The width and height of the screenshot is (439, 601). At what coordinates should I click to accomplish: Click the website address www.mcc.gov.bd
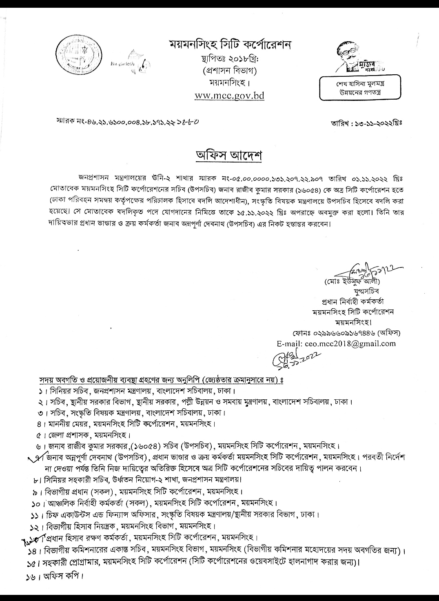pos(229,96)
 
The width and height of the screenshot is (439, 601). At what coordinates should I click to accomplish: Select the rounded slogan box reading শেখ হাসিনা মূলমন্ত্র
pos(355,87)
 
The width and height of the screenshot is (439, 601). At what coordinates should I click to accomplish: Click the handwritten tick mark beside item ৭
pos(38,456)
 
